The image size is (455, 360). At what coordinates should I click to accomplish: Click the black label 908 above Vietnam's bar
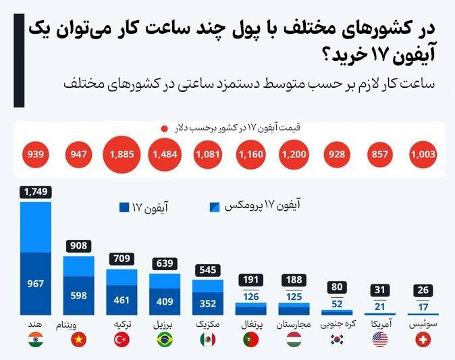pos(79,247)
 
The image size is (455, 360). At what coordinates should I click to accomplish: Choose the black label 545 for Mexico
pos(209,270)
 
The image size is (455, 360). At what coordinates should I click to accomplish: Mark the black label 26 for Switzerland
pos(424,290)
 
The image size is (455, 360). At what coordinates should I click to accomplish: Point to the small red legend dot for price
pos(163,128)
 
